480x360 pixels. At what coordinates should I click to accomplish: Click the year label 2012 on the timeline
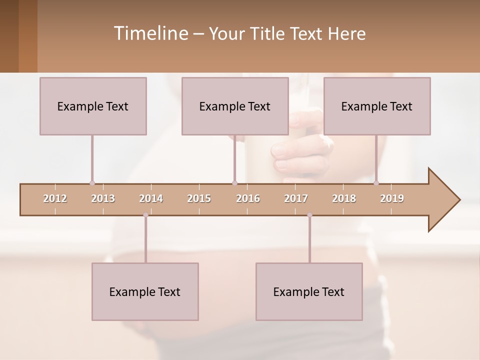(55, 198)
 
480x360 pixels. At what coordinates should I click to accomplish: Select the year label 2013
(103, 198)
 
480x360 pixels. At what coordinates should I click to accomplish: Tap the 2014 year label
(151, 198)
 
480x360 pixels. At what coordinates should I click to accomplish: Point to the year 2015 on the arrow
(199, 198)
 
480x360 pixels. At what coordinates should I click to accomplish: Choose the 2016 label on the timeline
(248, 198)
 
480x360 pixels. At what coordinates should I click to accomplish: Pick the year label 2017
(296, 198)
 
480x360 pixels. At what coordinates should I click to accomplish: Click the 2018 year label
(344, 198)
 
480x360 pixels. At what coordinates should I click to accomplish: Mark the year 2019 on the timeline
(392, 198)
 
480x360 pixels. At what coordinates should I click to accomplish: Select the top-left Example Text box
(93, 106)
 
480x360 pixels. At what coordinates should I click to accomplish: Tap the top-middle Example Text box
(235, 106)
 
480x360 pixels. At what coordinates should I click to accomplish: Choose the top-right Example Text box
(377, 106)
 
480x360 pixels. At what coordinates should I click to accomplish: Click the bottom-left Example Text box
(145, 291)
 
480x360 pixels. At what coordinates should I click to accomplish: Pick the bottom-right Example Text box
(309, 291)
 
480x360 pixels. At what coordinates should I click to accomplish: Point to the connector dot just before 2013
(92, 183)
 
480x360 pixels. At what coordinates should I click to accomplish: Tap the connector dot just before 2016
(234, 183)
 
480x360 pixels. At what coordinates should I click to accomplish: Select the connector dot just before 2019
(376, 183)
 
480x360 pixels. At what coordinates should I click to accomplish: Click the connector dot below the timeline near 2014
(145, 215)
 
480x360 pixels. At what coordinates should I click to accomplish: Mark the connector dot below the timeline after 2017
(309, 215)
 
